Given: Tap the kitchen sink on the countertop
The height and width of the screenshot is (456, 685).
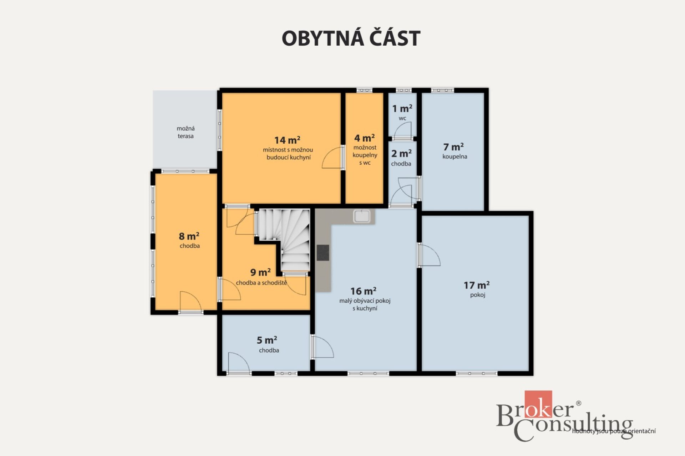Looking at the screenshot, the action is click(x=362, y=216).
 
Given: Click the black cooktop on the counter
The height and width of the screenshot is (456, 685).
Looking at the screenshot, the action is click(x=323, y=252).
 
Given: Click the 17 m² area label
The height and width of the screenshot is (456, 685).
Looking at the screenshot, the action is click(x=477, y=285).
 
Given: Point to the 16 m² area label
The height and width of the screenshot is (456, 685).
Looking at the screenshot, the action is click(x=363, y=291).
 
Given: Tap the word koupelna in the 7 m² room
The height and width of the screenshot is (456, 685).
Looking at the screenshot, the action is click(x=455, y=157).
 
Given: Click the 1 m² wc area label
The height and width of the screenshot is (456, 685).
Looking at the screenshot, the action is click(x=402, y=108).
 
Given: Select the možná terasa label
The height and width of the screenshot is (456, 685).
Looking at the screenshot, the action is click(x=186, y=132).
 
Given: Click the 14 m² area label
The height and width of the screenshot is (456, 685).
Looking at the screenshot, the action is click(x=287, y=140).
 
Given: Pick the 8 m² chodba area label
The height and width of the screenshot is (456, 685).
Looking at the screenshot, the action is click(x=189, y=236).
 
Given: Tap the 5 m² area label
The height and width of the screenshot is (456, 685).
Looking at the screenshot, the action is click(x=267, y=340).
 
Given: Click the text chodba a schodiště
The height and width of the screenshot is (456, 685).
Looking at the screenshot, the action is click(x=262, y=283).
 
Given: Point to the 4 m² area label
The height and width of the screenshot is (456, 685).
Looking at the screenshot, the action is click(x=364, y=138).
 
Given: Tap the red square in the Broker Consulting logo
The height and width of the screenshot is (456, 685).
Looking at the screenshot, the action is click(x=538, y=404).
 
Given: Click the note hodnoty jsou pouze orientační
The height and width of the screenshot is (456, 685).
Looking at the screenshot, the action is click(x=614, y=431).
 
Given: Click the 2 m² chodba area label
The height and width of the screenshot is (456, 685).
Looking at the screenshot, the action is click(x=401, y=154).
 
